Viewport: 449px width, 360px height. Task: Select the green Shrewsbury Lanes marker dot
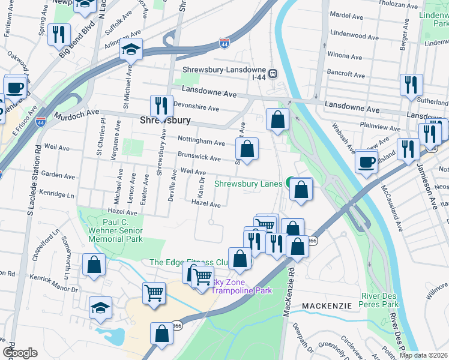tap(289, 183)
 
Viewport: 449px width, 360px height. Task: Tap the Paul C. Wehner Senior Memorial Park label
tap(115, 230)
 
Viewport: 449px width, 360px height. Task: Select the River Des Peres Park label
tap(380, 300)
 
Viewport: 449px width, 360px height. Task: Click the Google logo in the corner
tap(20, 352)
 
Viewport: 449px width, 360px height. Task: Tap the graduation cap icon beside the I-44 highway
tap(130, 50)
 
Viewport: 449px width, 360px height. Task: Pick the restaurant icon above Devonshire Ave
tap(161, 106)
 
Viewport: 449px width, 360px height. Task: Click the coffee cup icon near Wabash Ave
tap(366, 160)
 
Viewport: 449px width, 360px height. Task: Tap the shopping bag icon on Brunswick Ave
tap(247, 148)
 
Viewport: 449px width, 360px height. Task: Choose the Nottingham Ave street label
tap(201, 142)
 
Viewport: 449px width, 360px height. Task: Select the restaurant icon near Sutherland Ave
tap(411, 85)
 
